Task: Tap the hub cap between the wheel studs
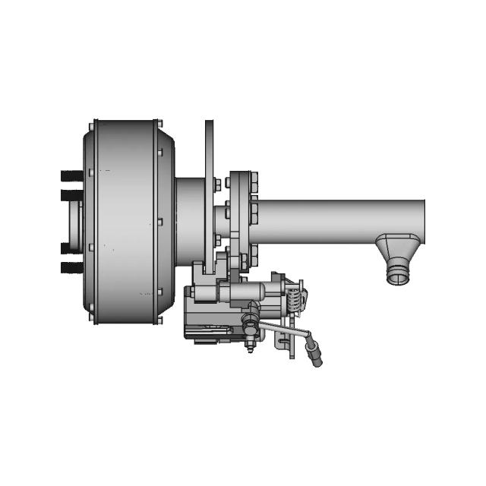74,221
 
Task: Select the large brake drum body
125,221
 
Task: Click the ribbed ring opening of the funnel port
399,274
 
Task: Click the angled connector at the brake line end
312,353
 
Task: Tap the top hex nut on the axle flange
254,178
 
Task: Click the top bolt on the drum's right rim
159,124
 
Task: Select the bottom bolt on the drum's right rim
159,319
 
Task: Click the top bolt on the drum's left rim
93,124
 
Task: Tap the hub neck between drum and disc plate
189,220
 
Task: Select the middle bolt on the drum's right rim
159,222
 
